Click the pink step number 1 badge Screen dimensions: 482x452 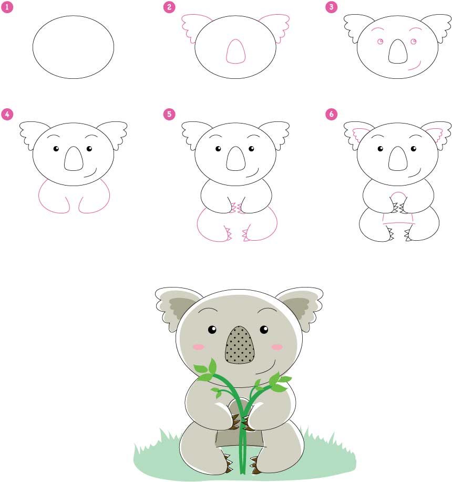[6, 7]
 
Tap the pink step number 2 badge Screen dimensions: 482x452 [169, 7]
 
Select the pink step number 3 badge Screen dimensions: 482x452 [331, 7]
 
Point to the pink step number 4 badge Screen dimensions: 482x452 [6, 114]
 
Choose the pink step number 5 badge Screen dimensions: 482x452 [169, 114]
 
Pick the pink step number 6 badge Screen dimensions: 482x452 [331, 114]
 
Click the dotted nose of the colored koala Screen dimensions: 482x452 [240, 346]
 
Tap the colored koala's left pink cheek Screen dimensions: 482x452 [198, 347]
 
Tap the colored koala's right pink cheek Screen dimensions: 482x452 [276, 347]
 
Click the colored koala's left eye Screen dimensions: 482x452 [212, 330]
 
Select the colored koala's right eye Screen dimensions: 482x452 [264, 330]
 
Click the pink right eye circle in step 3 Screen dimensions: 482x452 [414, 42]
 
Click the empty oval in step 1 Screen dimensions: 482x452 [73, 47]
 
